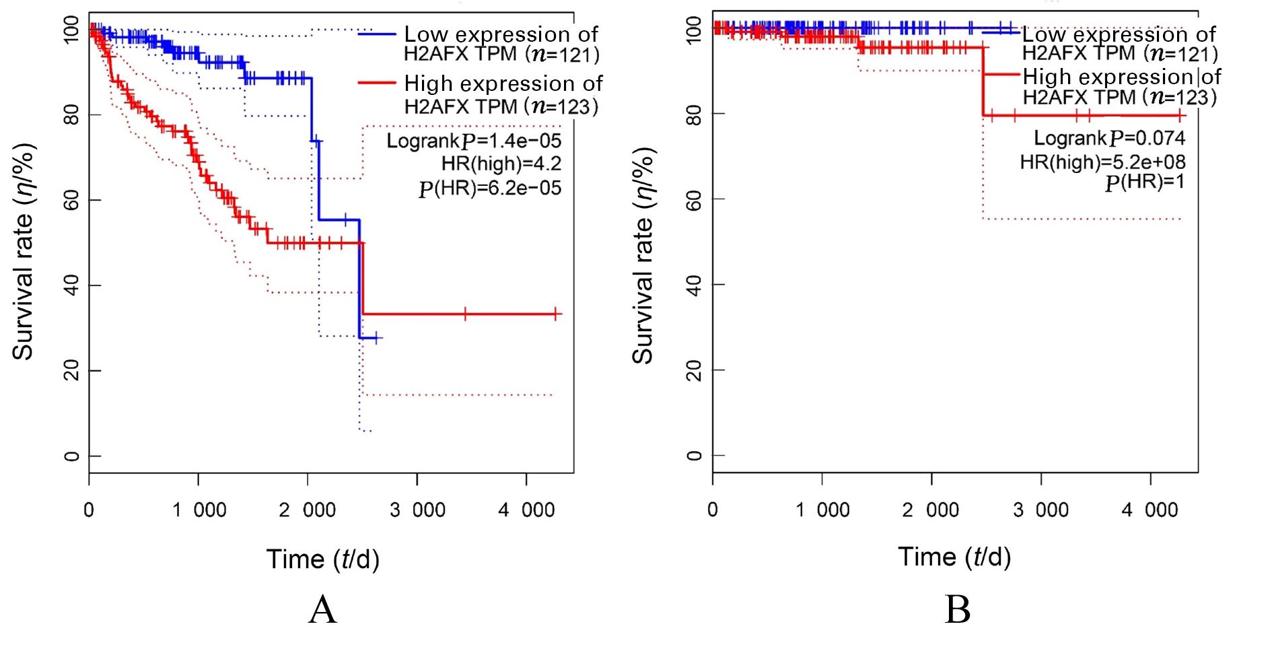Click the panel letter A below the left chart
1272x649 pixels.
tap(322, 611)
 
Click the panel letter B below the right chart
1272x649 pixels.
tap(957, 611)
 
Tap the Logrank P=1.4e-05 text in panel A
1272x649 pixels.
tap(474, 141)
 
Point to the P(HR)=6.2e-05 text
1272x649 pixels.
tap(489, 188)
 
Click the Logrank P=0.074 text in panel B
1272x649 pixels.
tap(1109, 139)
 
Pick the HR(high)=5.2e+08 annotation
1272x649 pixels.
tap(1102, 162)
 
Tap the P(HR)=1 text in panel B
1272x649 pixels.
tap(1144, 182)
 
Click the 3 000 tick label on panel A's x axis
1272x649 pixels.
tap(417, 510)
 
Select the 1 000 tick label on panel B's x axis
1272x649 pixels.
tap(822, 510)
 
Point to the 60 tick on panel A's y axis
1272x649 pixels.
tap(71, 201)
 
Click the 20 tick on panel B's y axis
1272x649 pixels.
tap(695, 370)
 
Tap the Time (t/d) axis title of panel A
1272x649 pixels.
tap(323, 559)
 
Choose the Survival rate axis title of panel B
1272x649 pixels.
tap(643, 256)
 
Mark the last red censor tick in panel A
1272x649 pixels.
tap(556, 314)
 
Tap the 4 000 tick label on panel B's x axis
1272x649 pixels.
tap(1150, 510)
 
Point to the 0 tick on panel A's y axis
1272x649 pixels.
tap(71, 456)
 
